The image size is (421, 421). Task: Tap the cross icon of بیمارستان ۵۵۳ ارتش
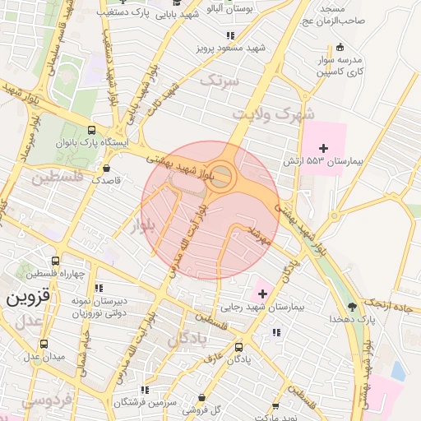click(323, 148)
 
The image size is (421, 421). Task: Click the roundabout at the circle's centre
click(220, 177)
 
